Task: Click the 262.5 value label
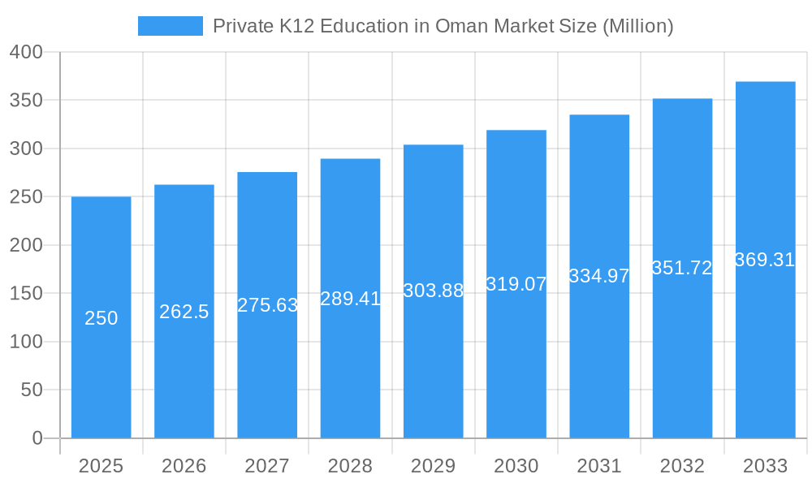(x=184, y=312)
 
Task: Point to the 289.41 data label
(x=350, y=299)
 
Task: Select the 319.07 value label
(x=516, y=284)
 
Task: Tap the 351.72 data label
(x=682, y=269)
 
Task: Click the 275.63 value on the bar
(x=267, y=305)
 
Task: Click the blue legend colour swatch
(x=171, y=26)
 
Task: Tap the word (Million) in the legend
(x=637, y=26)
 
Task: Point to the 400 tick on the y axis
(x=26, y=52)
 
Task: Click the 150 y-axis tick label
(x=26, y=293)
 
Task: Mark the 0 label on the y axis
(x=37, y=438)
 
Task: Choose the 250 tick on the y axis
(x=26, y=196)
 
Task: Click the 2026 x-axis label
(x=184, y=466)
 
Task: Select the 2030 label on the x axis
(x=516, y=466)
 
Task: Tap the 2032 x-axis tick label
(x=682, y=466)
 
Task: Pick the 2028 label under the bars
(x=350, y=466)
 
